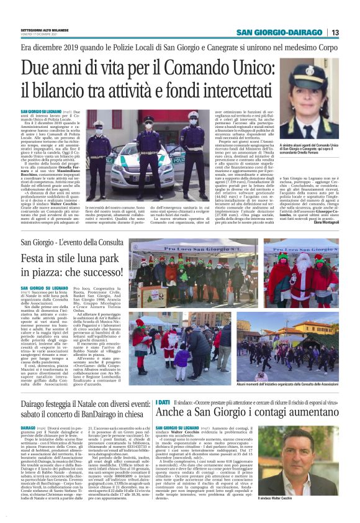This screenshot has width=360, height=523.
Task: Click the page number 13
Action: coord(335,32)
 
